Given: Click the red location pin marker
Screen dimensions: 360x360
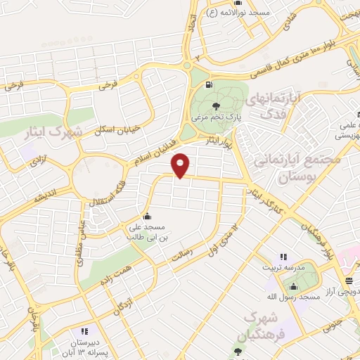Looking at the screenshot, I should (x=181, y=165).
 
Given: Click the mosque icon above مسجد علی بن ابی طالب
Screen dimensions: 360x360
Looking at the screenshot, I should (x=146, y=217).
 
